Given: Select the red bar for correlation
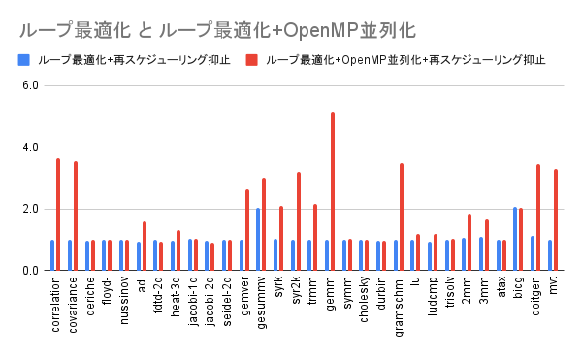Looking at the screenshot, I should click(x=58, y=214).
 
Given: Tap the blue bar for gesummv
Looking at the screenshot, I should click(x=258, y=239).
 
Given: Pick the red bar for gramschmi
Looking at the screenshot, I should click(x=401, y=217).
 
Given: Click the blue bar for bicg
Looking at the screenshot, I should click(x=515, y=239).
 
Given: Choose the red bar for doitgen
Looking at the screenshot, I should click(x=538, y=217).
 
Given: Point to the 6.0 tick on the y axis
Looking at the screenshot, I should click(x=28, y=85).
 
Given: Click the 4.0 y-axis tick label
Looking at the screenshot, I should click(x=28, y=147).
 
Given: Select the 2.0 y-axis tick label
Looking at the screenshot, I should click(x=28, y=209).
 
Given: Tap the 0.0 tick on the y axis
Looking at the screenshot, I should click(x=28, y=271).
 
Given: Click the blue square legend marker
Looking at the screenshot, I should click(x=22, y=59).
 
